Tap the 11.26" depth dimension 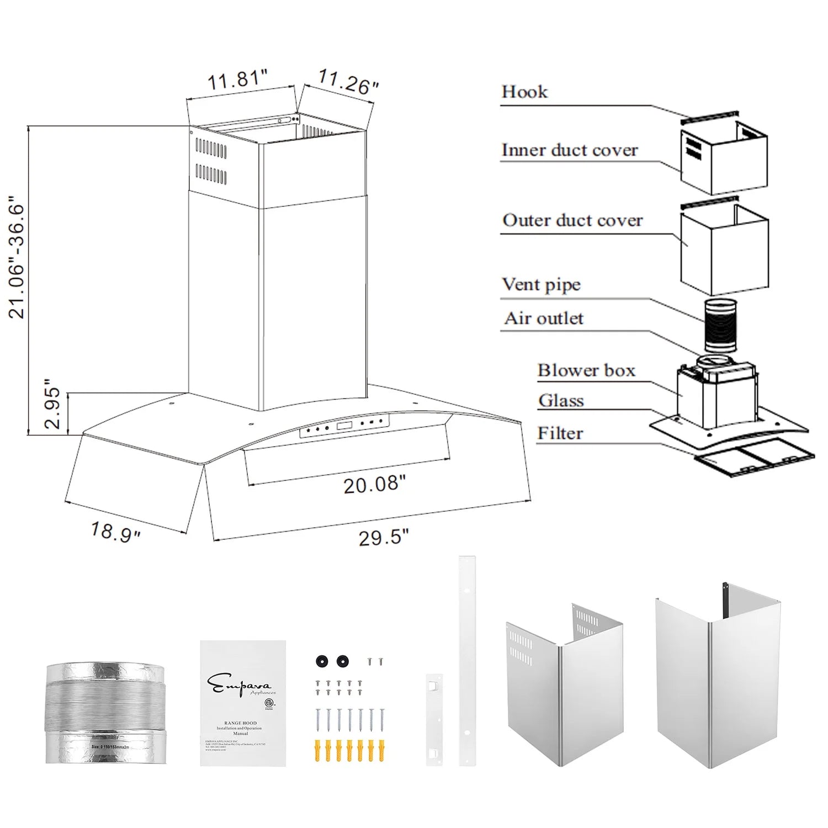348,82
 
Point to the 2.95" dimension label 53,404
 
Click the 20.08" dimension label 374,485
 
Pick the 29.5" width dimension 384,537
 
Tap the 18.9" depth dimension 116,532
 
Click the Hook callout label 524,92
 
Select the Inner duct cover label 569,150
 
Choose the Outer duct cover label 572,220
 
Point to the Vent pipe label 541,285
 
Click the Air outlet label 544,319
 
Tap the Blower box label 586,370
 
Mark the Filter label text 560,433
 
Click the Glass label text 561,401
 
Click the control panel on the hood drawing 344,426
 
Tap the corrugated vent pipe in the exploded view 720,326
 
